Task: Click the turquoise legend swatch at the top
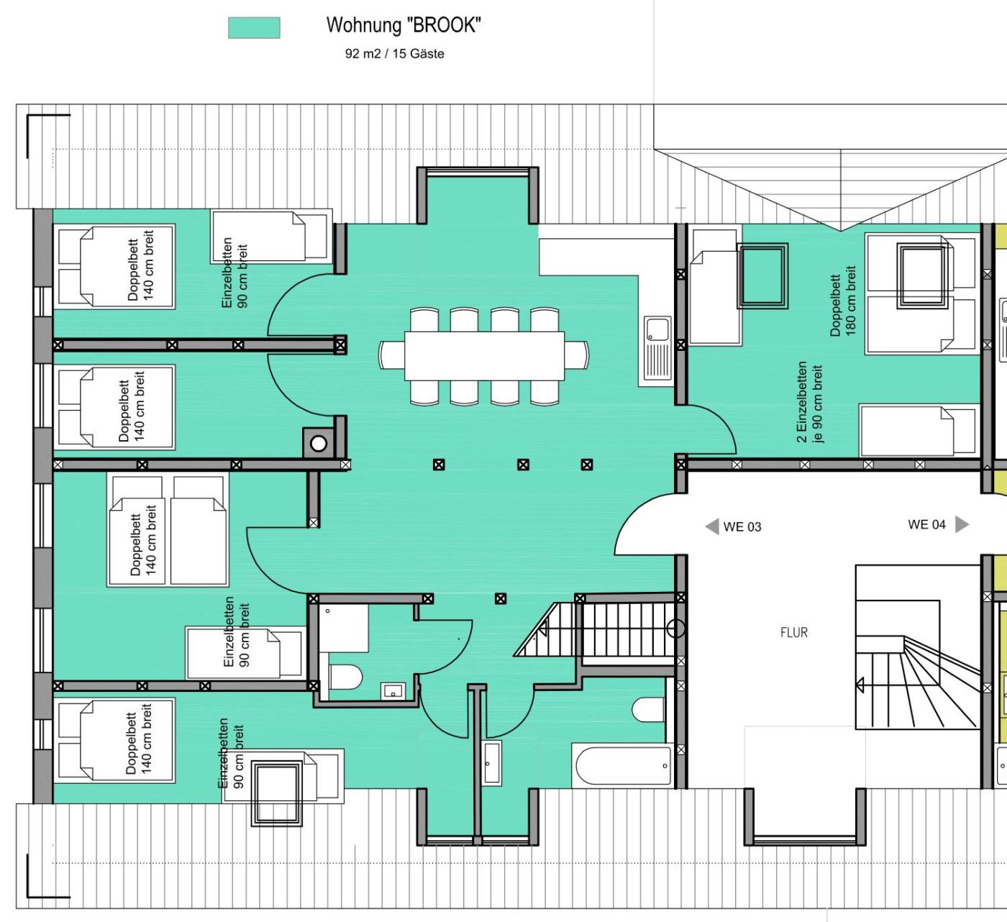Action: click(x=254, y=27)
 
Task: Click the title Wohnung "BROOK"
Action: click(x=404, y=25)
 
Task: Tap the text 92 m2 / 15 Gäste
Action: click(x=395, y=54)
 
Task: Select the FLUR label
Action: click(x=794, y=632)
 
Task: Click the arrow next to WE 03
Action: click(x=712, y=526)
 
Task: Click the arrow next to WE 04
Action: click(x=962, y=524)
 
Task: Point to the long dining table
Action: click(x=484, y=356)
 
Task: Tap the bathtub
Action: click(x=623, y=765)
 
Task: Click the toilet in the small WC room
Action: click(x=346, y=677)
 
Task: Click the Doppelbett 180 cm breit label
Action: click(x=843, y=301)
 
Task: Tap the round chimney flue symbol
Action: click(x=318, y=444)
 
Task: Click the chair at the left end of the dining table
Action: click(x=392, y=355)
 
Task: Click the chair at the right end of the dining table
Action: click(x=576, y=355)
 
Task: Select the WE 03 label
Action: click(x=742, y=527)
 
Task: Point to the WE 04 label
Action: click(x=926, y=524)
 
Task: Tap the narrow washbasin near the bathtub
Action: click(x=491, y=762)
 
